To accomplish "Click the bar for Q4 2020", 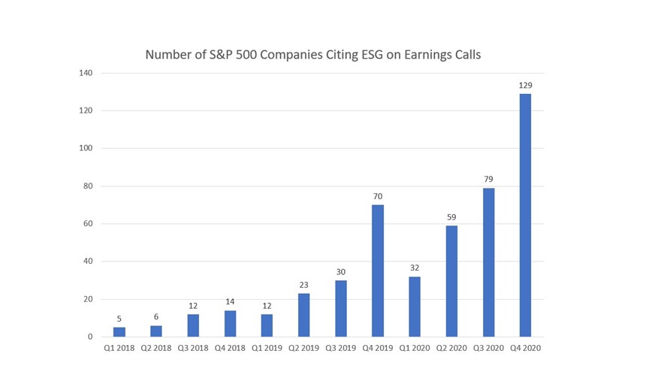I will click(x=525, y=215).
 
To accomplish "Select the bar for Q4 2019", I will click(x=378, y=271).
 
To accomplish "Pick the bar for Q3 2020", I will click(x=488, y=262).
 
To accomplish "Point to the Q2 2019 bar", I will click(x=303, y=315).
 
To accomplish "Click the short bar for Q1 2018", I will click(x=119, y=331).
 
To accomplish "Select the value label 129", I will click(x=525, y=86).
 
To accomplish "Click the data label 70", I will click(x=378, y=197).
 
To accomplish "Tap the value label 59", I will click(x=451, y=218).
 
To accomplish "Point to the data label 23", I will click(x=303, y=286).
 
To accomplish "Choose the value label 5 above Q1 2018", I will click(x=119, y=319).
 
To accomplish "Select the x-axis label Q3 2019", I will click(x=341, y=348).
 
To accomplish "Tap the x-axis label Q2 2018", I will click(x=156, y=348).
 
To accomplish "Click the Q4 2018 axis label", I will click(x=230, y=348).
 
